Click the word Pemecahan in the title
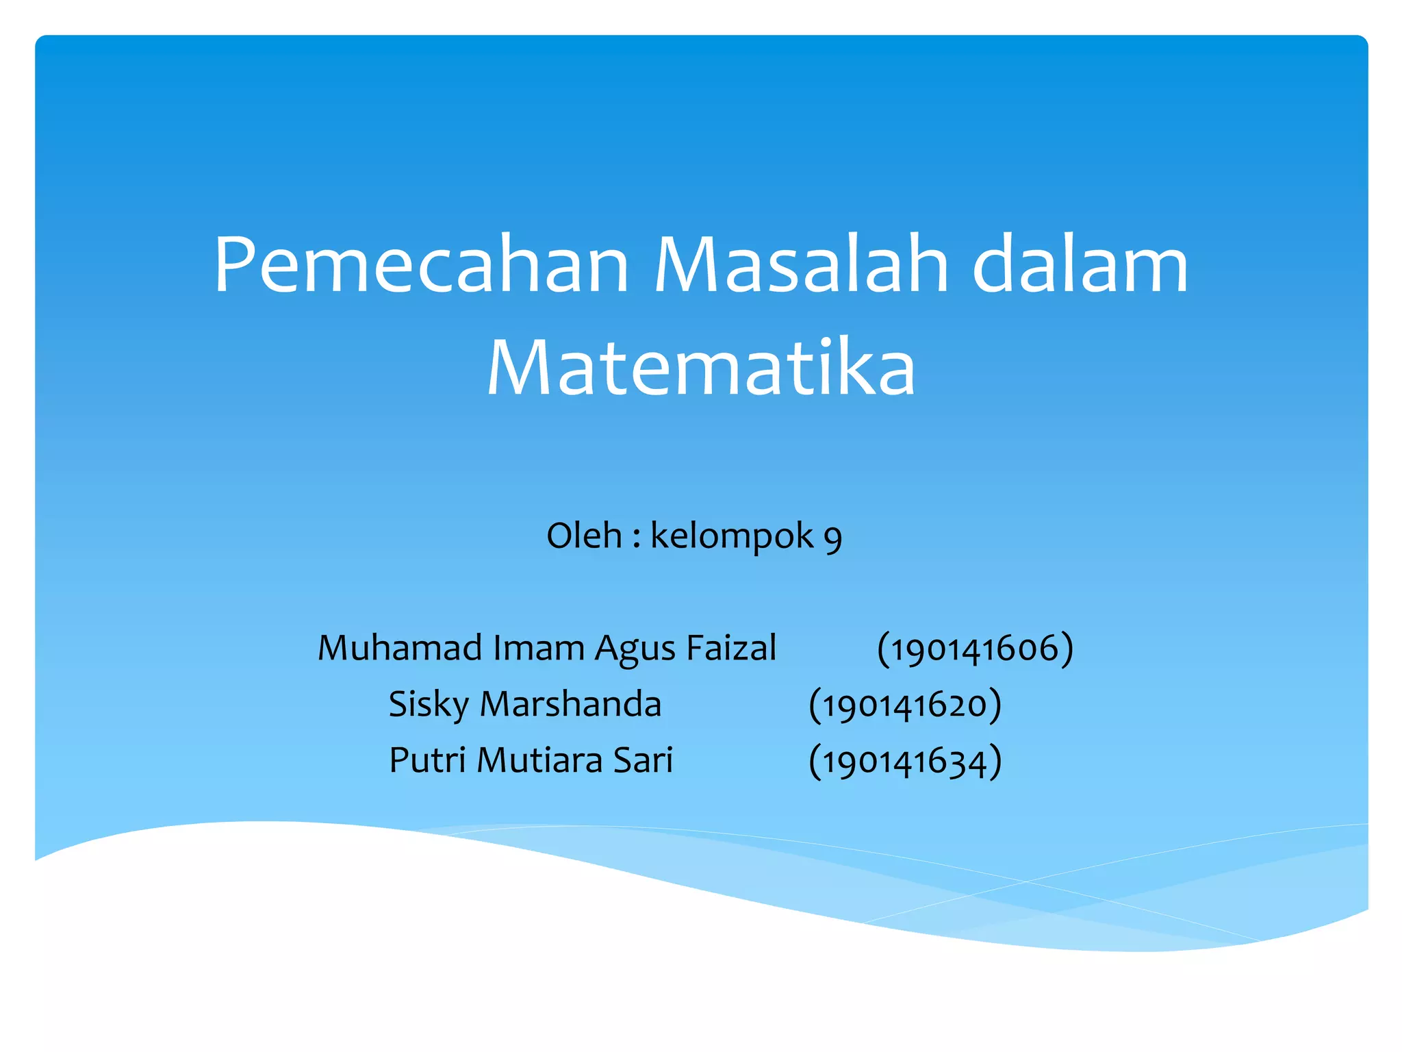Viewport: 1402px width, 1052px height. click(x=421, y=265)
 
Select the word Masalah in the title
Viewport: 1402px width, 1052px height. click(x=801, y=265)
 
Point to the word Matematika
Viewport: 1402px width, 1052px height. click(x=701, y=368)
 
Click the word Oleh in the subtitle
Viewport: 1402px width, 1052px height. click(x=584, y=536)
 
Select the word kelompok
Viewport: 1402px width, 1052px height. click(x=732, y=537)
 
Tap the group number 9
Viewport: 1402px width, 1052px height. click(x=832, y=539)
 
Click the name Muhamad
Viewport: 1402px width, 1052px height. click(x=400, y=648)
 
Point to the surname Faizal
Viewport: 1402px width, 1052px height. click(x=731, y=648)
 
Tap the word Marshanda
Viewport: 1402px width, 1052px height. click(x=571, y=704)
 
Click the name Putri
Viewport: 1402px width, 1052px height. click(x=428, y=760)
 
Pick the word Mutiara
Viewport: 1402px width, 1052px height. click(x=539, y=760)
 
